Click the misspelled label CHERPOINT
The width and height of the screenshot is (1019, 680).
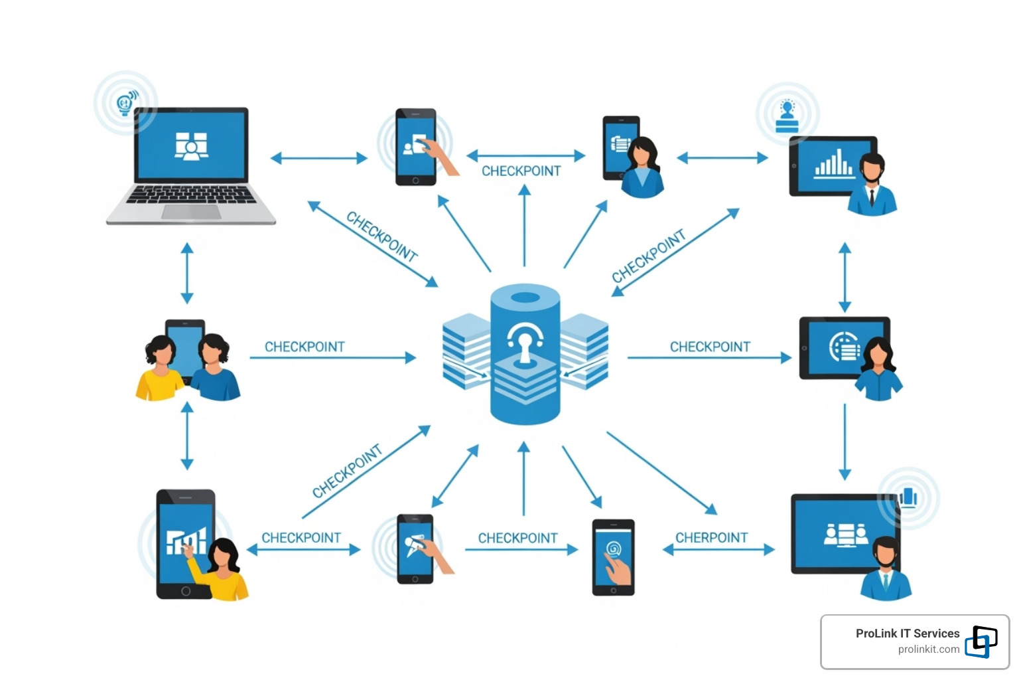click(711, 537)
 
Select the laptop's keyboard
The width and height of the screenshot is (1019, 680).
click(191, 195)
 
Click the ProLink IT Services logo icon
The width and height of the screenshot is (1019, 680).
click(981, 641)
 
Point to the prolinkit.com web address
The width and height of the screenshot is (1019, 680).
click(928, 649)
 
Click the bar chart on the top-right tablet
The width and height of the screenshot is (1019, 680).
click(833, 163)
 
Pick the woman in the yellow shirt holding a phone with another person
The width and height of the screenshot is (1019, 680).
click(159, 369)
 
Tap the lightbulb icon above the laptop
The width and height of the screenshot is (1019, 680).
click(125, 104)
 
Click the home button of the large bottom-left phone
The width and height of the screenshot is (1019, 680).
click(186, 590)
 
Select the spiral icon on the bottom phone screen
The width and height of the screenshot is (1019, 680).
click(613, 548)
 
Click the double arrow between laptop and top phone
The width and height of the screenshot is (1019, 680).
click(318, 158)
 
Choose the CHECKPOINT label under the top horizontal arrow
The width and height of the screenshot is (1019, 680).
click(521, 171)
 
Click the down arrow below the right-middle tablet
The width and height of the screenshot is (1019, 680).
click(845, 441)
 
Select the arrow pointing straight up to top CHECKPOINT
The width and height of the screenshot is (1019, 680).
click(524, 226)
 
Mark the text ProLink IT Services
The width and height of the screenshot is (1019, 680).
click(907, 634)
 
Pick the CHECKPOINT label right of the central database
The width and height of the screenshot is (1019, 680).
click(710, 347)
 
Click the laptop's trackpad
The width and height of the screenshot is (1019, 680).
click(191, 212)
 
